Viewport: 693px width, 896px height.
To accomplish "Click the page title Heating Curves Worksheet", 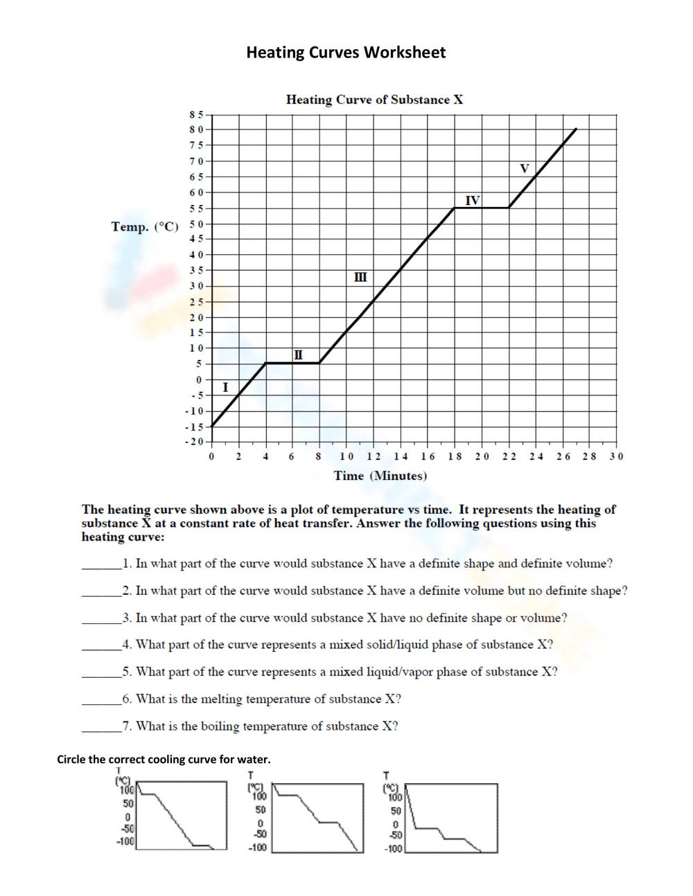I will click(346, 53).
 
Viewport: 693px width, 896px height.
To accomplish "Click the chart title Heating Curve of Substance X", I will click(374, 100).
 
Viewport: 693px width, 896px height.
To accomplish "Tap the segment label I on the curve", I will click(225, 387).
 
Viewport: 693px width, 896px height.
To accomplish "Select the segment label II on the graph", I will click(298, 355).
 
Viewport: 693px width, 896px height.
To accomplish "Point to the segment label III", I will click(360, 277).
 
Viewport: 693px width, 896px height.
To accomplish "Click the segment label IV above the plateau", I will click(472, 200).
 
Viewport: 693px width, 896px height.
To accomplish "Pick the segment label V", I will click(524, 168).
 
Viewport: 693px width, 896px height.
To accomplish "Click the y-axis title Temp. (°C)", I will click(145, 226).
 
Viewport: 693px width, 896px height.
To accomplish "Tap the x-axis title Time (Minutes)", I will click(380, 476).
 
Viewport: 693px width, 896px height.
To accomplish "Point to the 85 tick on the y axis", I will click(196, 114).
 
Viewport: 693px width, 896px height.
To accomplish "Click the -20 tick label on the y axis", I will click(195, 442).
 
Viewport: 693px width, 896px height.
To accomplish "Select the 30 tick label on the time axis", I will click(616, 456).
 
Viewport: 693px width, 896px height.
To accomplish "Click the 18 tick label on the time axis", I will click(455, 456).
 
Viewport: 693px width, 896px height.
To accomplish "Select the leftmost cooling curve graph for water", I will click(182, 815).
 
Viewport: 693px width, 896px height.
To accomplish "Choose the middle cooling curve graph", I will click(317, 817).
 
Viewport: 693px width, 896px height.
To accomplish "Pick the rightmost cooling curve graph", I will click(451, 818).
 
